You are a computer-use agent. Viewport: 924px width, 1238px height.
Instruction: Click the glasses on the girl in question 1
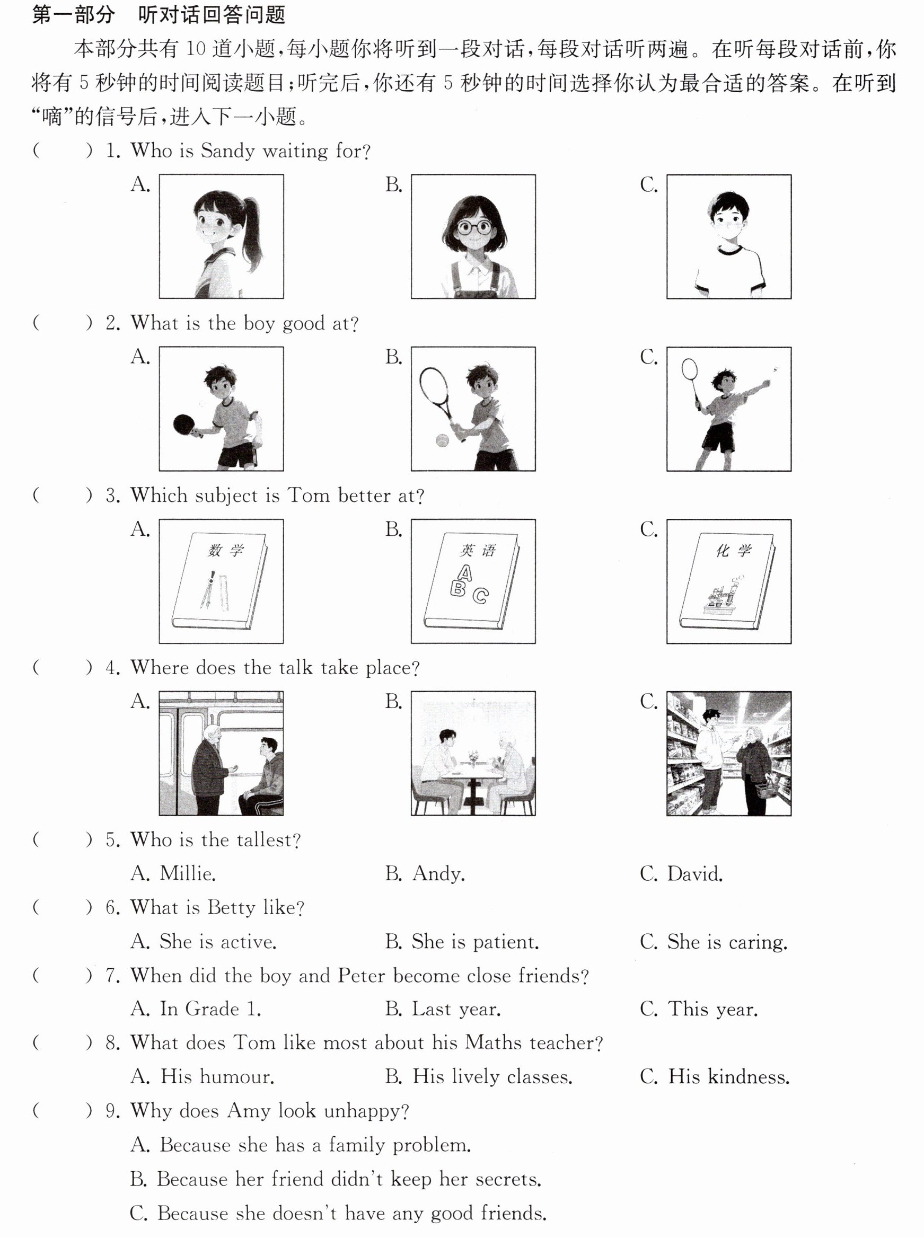click(x=474, y=227)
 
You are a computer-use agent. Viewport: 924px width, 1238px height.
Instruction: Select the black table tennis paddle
click(x=183, y=425)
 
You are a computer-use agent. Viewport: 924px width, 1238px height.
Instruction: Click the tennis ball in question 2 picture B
click(x=442, y=440)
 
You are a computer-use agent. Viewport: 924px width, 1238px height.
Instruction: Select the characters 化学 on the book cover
click(x=733, y=551)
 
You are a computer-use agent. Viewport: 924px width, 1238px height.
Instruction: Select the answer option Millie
click(x=187, y=873)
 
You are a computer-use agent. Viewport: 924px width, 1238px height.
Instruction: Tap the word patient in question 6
click(x=506, y=942)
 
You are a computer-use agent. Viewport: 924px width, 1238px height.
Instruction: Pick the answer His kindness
click(x=729, y=1076)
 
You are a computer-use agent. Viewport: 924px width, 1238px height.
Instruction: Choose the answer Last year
click(x=456, y=1009)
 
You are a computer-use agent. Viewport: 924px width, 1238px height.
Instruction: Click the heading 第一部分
click(x=73, y=15)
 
